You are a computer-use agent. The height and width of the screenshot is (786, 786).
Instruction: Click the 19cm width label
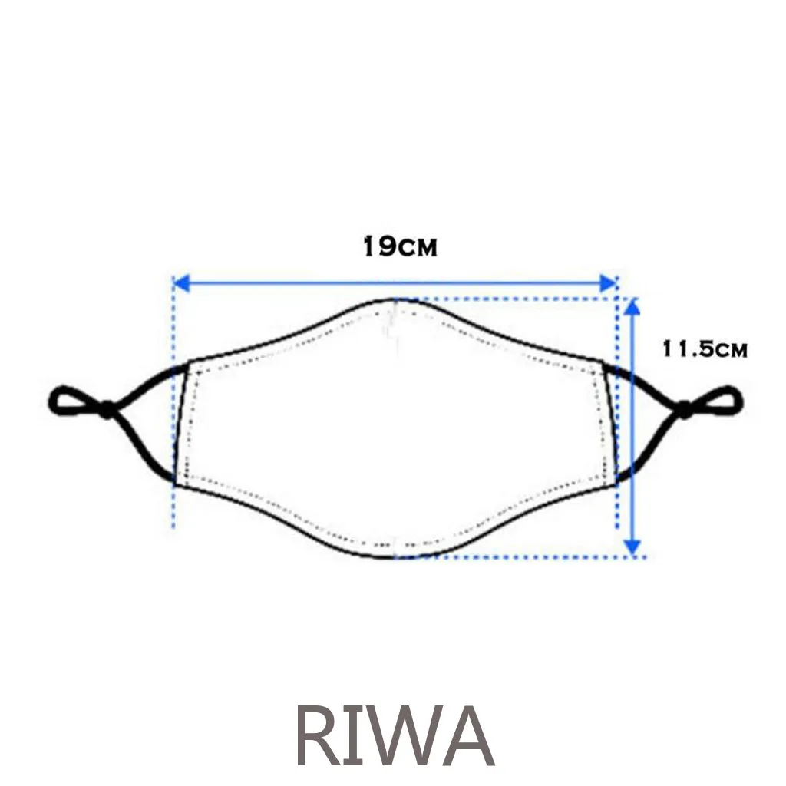(399, 247)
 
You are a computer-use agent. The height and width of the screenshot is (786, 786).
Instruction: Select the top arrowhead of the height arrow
(632, 306)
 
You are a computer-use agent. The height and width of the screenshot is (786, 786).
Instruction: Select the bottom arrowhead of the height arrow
(632, 547)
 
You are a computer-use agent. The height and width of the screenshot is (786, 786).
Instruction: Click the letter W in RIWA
(401, 736)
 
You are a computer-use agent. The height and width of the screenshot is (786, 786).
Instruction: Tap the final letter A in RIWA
(465, 736)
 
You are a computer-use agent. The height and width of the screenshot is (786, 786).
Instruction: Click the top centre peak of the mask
(395, 300)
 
